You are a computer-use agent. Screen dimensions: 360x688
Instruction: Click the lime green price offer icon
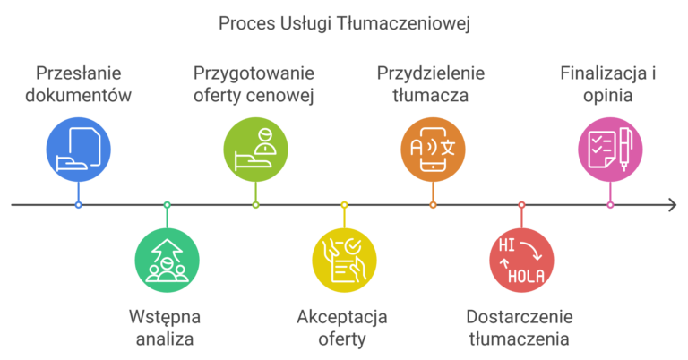click(x=255, y=149)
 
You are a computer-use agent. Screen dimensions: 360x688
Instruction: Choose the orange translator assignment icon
click(x=433, y=149)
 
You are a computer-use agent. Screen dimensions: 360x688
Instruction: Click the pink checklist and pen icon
click(x=610, y=149)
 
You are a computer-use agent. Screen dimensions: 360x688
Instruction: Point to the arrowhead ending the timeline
click(x=672, y=205)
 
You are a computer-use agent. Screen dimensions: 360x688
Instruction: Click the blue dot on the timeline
click(x=79, y=205)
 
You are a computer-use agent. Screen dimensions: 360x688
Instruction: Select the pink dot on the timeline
click(x=610, y=205)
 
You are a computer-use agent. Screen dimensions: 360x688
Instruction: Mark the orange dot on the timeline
click(x=433, y=205)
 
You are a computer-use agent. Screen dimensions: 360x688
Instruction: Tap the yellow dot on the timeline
click(x=344, y=205)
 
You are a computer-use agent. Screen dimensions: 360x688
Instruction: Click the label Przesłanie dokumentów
click(x=79, y=83)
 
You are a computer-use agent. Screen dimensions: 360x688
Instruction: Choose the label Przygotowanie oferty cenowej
click(x=254, y=83)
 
